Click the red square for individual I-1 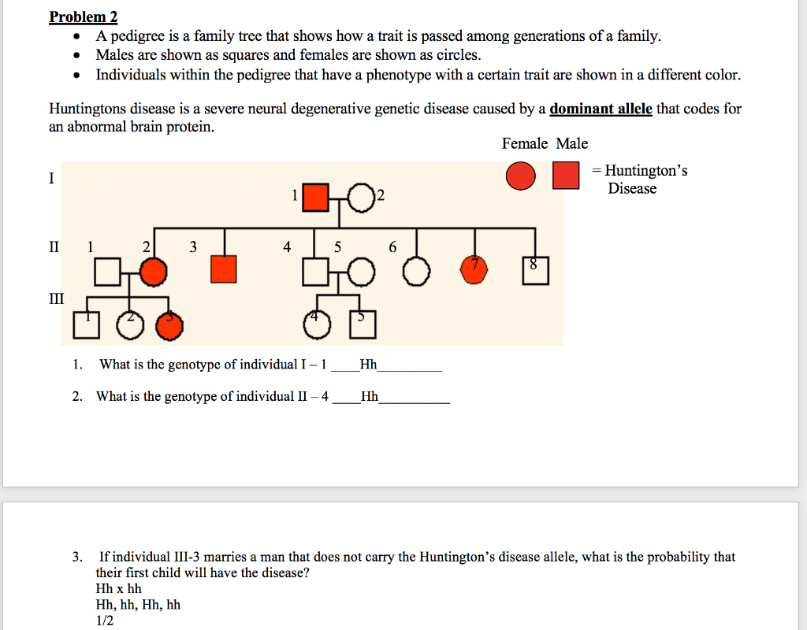(x=315, y=198)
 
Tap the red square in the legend (x=566, y=176)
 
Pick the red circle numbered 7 (x=474, y=270)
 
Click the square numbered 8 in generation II (x=534, y=270)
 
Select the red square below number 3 (x=224, y=269)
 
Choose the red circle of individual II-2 (x=154, y=272)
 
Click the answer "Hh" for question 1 (x=367, y=365)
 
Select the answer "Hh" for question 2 (x=369, y=396)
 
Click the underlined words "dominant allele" (x=601, y=109)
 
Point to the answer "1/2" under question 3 (x=105, y=621)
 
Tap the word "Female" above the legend (x=525, y=143)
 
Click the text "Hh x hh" (x=118, y=589)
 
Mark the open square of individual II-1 (x=107, y=272)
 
